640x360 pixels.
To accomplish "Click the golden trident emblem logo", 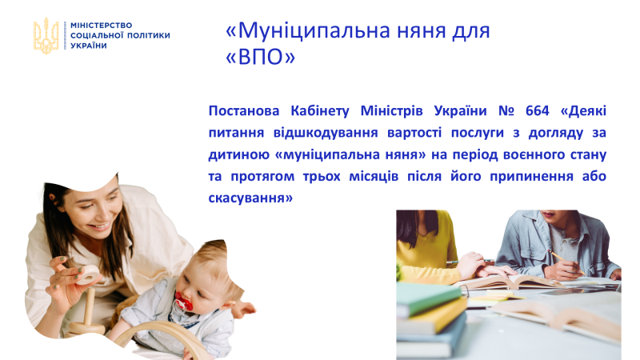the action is pos(46,36).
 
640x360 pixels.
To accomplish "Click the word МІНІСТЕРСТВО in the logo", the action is pos(102,26).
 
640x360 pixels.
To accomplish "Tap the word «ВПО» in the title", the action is pos(261,57).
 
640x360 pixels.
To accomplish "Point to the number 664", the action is pos(537,110).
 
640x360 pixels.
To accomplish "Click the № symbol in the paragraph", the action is pos(506,110).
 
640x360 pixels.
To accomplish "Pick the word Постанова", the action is pos(244,110).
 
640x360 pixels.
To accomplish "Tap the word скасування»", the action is pos(250,198).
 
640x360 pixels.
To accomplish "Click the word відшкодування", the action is pos(326,133).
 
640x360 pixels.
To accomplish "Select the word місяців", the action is pos(372,176).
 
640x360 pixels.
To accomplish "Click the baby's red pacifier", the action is pos(183,302).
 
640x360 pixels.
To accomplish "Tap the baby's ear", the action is pos(230,306).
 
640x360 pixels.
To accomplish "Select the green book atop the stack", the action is pos(428,298).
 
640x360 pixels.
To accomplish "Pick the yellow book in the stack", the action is pos(432,315).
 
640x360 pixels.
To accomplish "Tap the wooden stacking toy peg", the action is pos(89,306).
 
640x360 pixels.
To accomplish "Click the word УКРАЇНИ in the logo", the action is pos(89,46).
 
